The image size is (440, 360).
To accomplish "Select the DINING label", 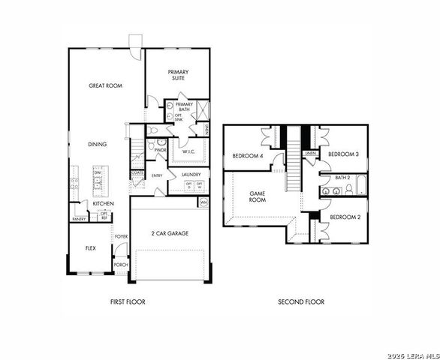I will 97,144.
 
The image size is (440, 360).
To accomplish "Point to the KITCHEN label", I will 103,203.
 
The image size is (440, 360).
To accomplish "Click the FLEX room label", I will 89,247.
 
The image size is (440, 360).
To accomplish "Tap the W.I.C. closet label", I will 188,151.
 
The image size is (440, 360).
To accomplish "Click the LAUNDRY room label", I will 190,175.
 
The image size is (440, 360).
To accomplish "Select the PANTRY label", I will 79,219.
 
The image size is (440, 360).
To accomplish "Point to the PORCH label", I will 120,265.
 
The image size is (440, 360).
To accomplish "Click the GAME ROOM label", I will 258,196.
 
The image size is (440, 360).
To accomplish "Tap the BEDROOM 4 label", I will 247,156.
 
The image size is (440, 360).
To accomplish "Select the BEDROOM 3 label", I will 344,154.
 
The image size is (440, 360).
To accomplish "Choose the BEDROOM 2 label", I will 345,216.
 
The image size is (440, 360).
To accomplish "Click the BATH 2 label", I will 342,178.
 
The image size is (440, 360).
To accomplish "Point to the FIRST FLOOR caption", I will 127,301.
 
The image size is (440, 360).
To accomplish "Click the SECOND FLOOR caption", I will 300,301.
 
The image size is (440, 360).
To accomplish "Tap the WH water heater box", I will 203,202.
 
